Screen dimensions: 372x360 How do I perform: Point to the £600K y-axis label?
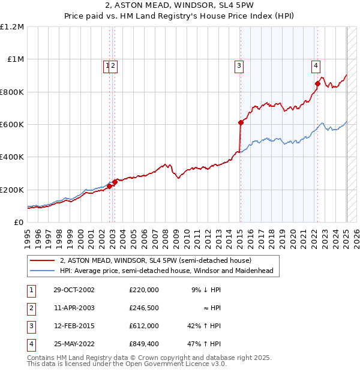coord(12,125)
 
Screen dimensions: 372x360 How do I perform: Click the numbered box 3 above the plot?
coord(239,67)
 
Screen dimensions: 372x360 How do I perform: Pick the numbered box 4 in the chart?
coord(315,67)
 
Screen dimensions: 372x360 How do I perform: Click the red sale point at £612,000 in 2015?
coord(240,122)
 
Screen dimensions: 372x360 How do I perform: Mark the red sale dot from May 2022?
coord(317,83)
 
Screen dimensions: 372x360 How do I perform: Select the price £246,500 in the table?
coord(144,308)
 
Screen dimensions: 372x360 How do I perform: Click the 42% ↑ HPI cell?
coord(203,326)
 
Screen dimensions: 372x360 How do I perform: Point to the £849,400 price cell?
coord(144,344)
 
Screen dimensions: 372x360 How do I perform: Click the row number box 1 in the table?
coord(31,290)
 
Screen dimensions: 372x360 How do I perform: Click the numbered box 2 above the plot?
coord(113,67)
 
